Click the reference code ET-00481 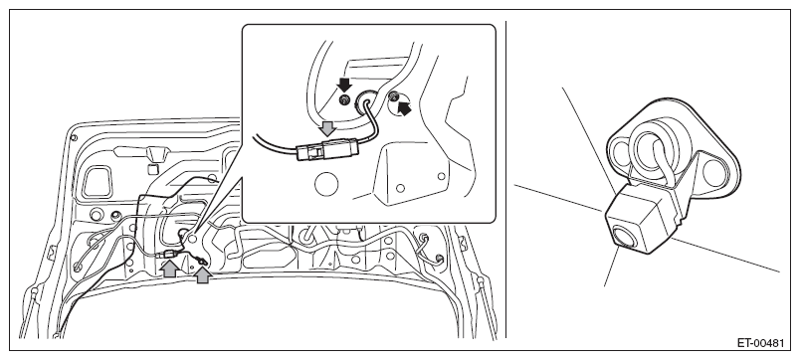[x=759, y=343]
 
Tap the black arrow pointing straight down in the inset [x=345, y=85]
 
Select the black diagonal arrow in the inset [x=404, y=108]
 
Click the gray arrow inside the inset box [x=327, y=128]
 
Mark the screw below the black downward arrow [x=344, y=99]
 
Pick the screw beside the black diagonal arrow [x=393, y=95]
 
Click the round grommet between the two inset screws [x=366, y=101]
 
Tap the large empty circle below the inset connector [x=327, y=184]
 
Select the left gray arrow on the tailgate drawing [x=169, y=269]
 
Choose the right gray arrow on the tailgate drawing [x=203, y=275]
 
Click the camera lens [x=625, y=238]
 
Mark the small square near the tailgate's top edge [x=151, y=169]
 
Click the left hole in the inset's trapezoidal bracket [x=400, y=188]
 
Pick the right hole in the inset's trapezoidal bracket [x=442, y=176]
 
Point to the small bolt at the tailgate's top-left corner [x=75, y=137]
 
